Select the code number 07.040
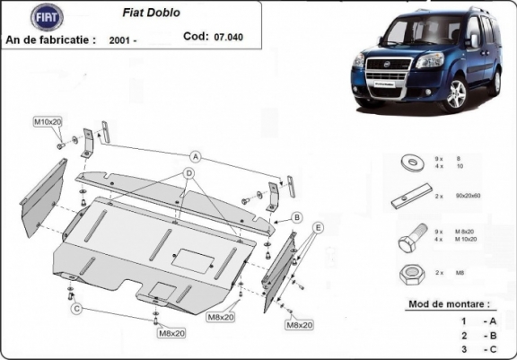tap(228, 38)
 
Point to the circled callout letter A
tap(194, 156)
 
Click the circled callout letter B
tap(295, 216)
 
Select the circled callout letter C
tap(78, 310)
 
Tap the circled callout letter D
tap(190, 172)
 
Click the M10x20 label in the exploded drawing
tap(48, 121)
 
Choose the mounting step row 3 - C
tap(477, 348)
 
